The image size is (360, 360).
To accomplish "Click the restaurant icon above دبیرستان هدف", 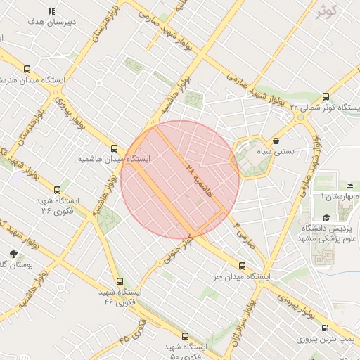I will pyautogui.click(x=51, y=12).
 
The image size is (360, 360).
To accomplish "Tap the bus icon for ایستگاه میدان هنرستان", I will pyautogui.click(x=27, y=69).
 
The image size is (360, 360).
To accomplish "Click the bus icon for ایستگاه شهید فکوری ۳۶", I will pyautogui.click(x=58, y=189).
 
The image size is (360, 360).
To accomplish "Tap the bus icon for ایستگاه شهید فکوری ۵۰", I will pyautogui.click(x=185, y=336).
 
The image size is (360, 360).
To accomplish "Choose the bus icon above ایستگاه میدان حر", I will pyautogui.click(x=243, y=266).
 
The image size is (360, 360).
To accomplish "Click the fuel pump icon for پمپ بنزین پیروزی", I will pyautogui.click(x=325, y=328).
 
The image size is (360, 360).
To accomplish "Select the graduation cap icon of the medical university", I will pyautogui.click(x=326, y=218).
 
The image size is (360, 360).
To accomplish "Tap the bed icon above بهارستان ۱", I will pyautogui.click(x=349, y=186).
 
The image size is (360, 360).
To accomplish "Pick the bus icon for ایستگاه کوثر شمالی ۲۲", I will pyautogui.click(x=326, y=96).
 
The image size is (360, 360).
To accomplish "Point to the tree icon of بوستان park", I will pyautogui.click(x=13, y=253).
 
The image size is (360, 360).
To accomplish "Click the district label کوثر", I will pyautogui.click(x=324, y=10).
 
